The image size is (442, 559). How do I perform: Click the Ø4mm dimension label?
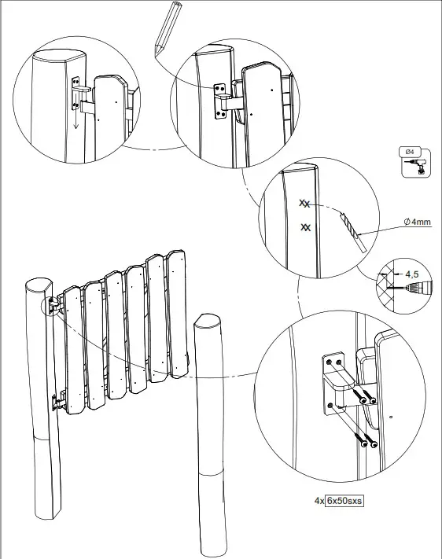[417, 222]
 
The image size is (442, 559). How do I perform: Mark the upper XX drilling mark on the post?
[304, 203]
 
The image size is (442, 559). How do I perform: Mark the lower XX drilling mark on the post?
[306, 228]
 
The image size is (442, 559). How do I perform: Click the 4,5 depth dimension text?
[411, 275]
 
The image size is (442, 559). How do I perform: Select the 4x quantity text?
[319, 500]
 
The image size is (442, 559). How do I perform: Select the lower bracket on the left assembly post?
[57, 403]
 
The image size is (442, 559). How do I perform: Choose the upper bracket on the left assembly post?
[54, 303]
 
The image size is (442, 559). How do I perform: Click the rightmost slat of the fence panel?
[176, 314]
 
